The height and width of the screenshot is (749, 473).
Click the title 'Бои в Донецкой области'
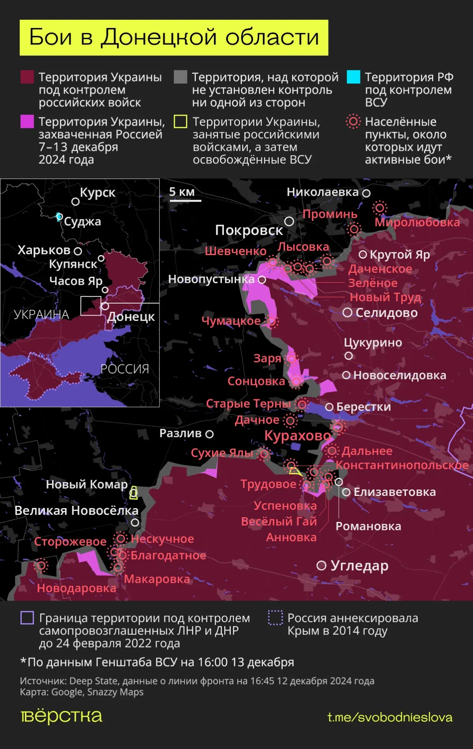pos(174,38)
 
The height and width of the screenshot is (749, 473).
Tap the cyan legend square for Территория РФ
pos(353,77)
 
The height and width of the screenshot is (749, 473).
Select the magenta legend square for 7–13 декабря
pos(27,121)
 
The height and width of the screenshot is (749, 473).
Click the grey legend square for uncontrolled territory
pos(180,77)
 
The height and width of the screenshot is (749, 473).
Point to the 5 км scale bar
pos(185,201)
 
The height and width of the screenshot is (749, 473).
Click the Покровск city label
pos(249,230)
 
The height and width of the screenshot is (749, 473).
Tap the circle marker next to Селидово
pos(347,313)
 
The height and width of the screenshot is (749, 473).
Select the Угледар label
pos(359,566)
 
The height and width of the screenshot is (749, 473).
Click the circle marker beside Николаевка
pos(366,193)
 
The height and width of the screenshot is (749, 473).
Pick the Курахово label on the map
pos(297,436)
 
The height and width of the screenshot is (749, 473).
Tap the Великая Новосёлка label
pos(77,511)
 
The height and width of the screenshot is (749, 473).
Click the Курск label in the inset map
pos(98,193)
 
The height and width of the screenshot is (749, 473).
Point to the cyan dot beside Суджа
pos(59,216)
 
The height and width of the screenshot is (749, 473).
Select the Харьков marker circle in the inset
pos(78,251)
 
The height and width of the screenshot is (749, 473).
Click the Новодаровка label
pos(77,588)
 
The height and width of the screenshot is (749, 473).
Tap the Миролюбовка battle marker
pos(380,208)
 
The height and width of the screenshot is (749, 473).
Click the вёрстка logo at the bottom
pos(62,716)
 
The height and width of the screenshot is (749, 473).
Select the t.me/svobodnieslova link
pos(390,717)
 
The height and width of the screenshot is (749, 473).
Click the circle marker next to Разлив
pos(210,434)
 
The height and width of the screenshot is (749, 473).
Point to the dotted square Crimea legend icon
pos(275,618)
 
